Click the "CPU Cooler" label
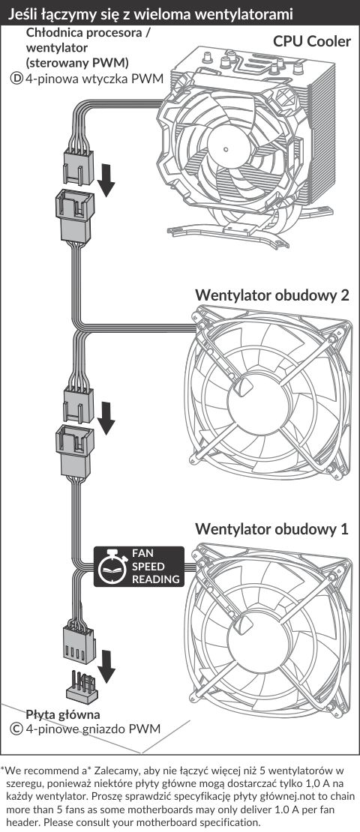[x=312, y=41]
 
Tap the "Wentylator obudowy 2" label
[x=271, y=295]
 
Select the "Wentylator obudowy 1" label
[x=271, y=528]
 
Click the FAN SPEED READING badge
[x=139, y=567]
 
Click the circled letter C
[x=16, y=729]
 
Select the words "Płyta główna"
[x=63, y=714]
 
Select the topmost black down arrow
[x=106, y=179]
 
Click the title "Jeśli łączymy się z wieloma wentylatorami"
[x=150, y=13]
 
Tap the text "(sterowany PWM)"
[x=77, y=63]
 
